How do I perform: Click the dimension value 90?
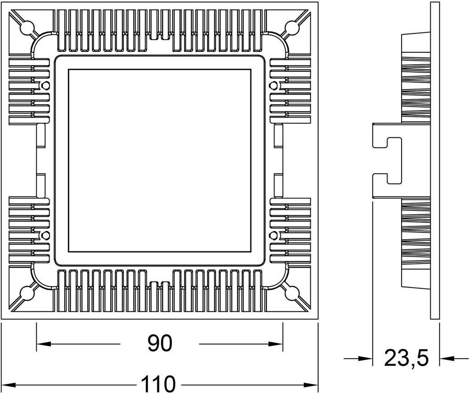click(x=159, y=343)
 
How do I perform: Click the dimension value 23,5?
click(x=406, y=358)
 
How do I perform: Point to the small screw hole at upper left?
click(x=45, y=85)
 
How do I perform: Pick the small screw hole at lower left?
click(x=45, y=235)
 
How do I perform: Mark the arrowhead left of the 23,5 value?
click(x=366, y=359)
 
